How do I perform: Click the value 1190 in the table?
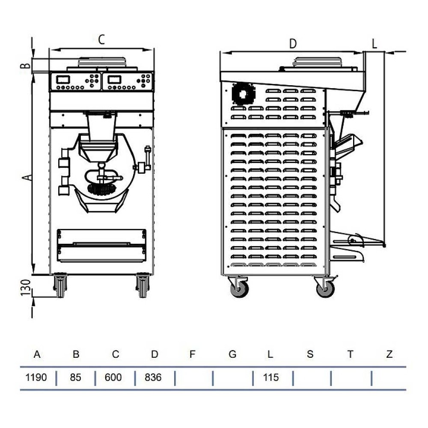coord(36,377)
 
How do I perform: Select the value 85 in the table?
coord(75,377)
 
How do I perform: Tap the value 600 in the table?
coord(113,377)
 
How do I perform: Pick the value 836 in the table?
coord(153,377)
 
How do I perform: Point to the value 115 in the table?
coord(271,377)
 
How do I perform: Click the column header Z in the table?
coord(389,354)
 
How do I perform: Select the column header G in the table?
coord(232,354)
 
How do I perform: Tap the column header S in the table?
coord(310,354)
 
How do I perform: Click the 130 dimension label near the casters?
coord(26,288)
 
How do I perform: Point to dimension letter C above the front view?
coord(101,39)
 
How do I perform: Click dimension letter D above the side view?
coord(293,44)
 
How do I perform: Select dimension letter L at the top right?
coord(374,44)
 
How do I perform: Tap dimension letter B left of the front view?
coord(26,65)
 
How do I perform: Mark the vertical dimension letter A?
coord(27,178)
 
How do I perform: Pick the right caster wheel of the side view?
coord(325,289)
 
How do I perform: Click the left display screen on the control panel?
coord(63,80)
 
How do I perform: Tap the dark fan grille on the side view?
coord(243,94)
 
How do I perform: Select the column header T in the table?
coord(350,354)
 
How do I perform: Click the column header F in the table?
coord(192,354)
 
